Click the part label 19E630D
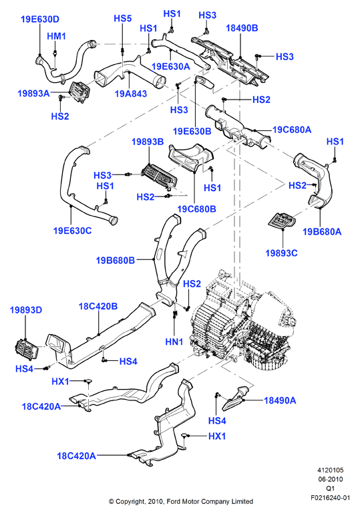point(40,19)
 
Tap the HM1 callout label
point(56,36)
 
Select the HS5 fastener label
point(123,19)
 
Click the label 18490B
point(242,28)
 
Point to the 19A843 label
point(130,94)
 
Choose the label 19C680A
point(292,130)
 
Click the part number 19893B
point(148,142)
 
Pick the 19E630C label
point(72,231)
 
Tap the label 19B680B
point(116,261)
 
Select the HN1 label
point(174,342)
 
